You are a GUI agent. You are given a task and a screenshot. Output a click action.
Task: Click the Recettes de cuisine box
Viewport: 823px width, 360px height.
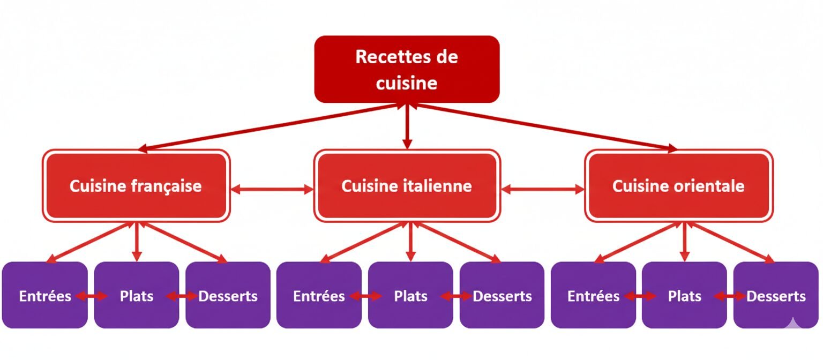(x=407, y=69)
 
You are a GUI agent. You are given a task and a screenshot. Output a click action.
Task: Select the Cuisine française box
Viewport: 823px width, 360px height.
(x=136, y=186)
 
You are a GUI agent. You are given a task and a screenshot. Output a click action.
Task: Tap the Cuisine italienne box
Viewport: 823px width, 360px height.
(x=407, y=186)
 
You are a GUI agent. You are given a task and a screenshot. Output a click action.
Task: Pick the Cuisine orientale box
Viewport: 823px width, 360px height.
(x=678, y=186)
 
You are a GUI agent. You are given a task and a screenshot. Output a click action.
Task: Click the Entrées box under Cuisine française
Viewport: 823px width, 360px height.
(x=44, y=295)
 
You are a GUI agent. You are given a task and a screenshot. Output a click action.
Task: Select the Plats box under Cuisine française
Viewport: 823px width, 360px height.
(x=137, y=295)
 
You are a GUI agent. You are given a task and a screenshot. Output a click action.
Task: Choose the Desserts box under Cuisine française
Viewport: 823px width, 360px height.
(x=228, y=295)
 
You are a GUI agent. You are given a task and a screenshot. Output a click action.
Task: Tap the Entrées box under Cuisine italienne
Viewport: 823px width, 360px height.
(x=319, y=295)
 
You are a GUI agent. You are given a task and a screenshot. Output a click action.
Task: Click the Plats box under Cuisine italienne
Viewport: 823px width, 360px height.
(x=410, y=295)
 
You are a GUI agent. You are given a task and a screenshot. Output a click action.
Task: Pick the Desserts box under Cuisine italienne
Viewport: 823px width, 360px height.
(x=502, y=295)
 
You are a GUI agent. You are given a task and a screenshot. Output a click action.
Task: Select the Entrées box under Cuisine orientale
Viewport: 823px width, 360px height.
(x=593, y=295)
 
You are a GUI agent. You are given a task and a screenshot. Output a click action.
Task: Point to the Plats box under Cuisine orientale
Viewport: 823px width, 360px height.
(x=684, y=295)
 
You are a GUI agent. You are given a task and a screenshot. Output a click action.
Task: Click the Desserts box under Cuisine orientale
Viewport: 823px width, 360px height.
(x=776, y=295)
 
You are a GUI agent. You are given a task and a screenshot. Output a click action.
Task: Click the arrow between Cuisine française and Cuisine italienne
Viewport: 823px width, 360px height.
(x=272, y=189)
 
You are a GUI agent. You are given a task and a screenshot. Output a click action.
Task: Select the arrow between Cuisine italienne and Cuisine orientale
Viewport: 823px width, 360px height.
(x=543, y=189)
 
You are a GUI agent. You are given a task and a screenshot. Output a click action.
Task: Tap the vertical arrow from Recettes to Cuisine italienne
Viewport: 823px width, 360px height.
(x=407, y=126)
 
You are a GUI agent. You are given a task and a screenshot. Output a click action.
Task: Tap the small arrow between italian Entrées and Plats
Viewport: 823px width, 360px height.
(x=364, y=296)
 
